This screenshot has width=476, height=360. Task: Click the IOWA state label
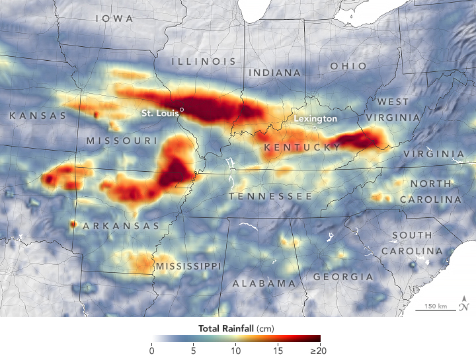click(114, 18)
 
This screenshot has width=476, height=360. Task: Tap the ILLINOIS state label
click(204, 61)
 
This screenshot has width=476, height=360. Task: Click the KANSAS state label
click(38, 116)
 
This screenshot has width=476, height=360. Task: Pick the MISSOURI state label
click(122, 141)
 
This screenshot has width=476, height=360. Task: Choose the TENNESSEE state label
click(270, 197)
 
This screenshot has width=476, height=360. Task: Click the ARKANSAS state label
click(121, 226)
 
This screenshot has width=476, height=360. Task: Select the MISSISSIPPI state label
click(188, 266)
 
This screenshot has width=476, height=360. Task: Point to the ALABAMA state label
click(264, 283)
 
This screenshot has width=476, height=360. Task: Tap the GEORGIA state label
click(343, 276)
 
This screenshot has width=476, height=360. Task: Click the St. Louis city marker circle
click(182, 110)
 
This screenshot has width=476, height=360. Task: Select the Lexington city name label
click(315, 118)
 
